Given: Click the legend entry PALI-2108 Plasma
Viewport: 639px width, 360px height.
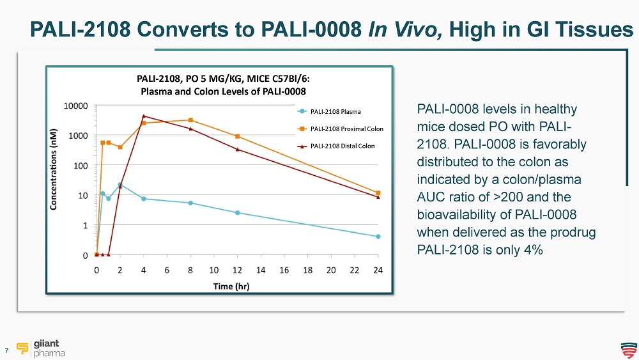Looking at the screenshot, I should pos(335,111).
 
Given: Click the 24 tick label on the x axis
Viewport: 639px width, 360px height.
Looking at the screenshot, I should pos(378,270).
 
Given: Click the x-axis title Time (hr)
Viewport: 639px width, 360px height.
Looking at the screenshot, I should pos(231,286).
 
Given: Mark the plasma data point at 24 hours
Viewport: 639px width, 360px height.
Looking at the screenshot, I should pos(378,237).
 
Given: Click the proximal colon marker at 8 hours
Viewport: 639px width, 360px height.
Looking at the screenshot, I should pos(190,120).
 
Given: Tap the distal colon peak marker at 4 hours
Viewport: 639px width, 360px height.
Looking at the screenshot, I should pos(144,116).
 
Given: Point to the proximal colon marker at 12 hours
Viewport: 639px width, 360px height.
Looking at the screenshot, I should pos(238,136).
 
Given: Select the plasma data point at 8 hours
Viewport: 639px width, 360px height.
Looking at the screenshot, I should pos(190,203).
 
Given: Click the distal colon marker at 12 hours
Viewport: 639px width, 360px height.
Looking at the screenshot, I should pos(238,150).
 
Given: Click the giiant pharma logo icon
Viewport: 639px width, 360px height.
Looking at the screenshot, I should pos(24,347).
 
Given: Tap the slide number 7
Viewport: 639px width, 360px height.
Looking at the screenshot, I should pos(6,350).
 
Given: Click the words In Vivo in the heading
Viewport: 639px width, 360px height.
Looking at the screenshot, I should pos(403,29).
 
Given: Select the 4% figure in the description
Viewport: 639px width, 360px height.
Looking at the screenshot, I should pos(530,249).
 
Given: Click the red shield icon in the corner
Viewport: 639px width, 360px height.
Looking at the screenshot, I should pos(628,348).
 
